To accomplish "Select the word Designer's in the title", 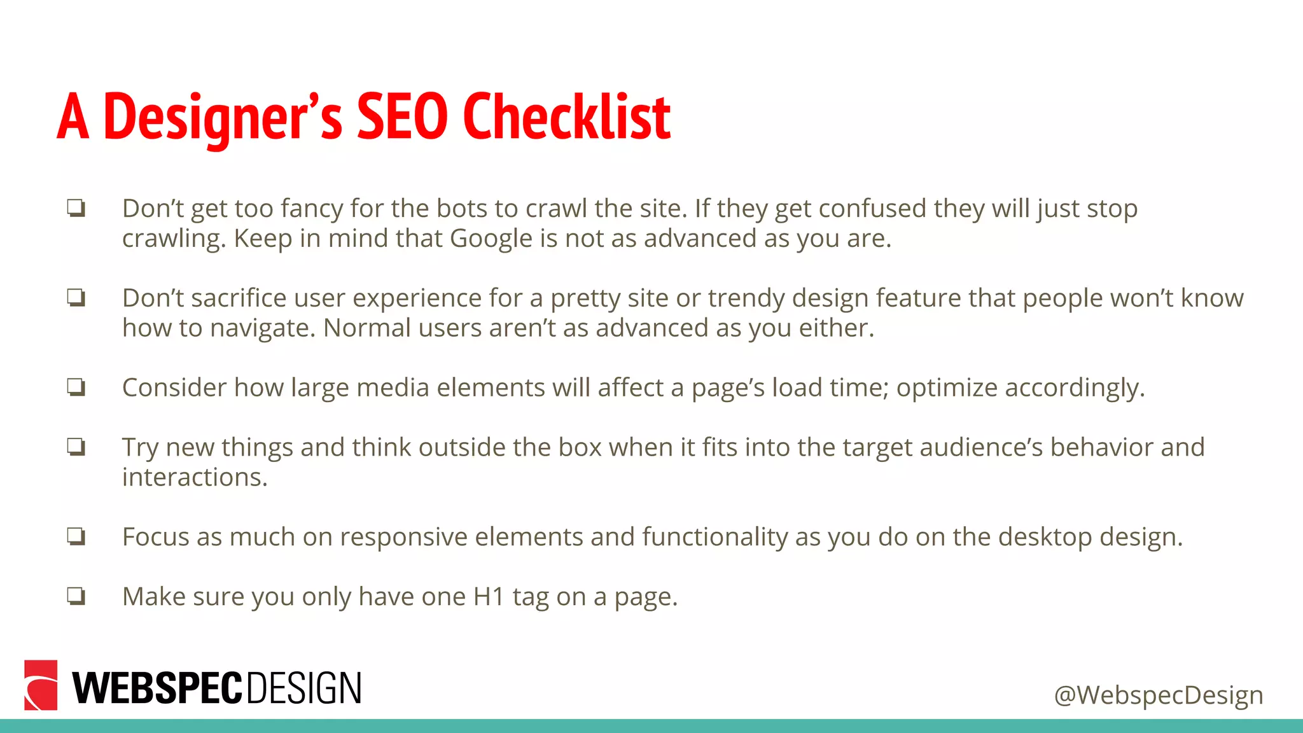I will click(223, 118).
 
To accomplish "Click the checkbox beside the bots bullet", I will click(76, 208).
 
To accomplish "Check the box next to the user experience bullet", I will click(76, 298).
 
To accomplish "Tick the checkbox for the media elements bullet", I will click(76, 387).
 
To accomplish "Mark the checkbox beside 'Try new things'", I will click(76, 447).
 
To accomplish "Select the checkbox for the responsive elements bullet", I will click(76, 536).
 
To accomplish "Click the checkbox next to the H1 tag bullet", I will click(76, 596).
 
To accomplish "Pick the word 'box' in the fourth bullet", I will click(580, 447).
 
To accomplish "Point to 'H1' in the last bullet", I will click(489, 597).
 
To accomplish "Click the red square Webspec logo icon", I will click(41, 685).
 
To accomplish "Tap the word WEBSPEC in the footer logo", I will click(157, 688).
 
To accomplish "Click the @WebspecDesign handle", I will click(1158, 695).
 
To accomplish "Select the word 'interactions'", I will click(195, 477).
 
